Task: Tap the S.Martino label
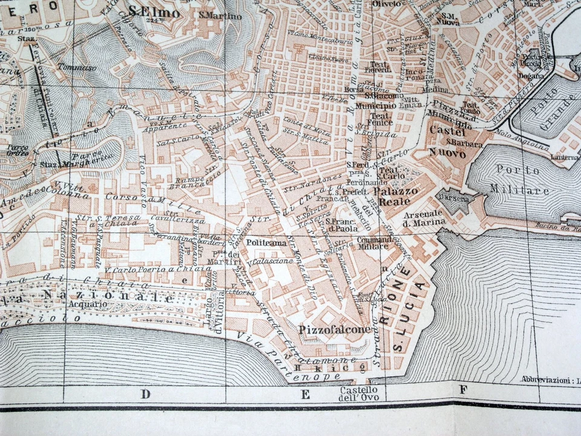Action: [220, 16]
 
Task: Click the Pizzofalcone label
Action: [326, 330]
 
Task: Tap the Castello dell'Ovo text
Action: [358, 394]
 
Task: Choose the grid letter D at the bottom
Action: [145, 394]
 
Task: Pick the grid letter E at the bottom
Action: [306, 395]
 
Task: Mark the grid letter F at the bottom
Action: [463, 390]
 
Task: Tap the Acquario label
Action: [84, 304]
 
